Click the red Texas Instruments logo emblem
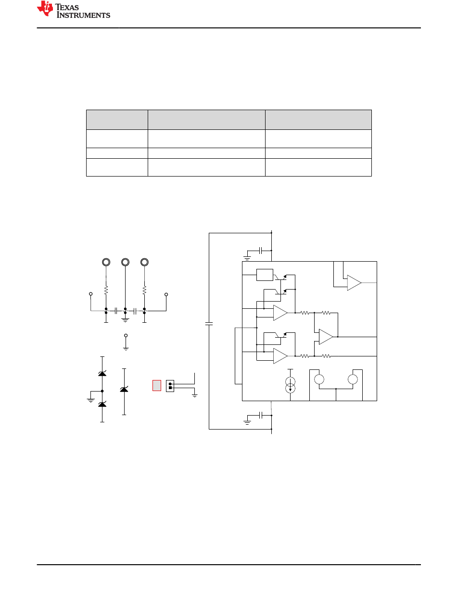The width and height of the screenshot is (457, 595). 45,8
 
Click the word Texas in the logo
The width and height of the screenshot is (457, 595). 67,7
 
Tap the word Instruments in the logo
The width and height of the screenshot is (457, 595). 83,15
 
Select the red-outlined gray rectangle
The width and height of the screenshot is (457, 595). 157,386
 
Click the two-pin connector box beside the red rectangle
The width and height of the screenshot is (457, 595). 170,386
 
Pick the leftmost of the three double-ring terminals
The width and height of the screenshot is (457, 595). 106,262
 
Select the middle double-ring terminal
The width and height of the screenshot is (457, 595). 125,262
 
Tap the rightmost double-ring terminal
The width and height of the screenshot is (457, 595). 144,262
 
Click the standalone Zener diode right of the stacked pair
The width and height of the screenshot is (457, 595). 124,389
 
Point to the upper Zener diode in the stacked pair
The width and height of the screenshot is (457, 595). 102,373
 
